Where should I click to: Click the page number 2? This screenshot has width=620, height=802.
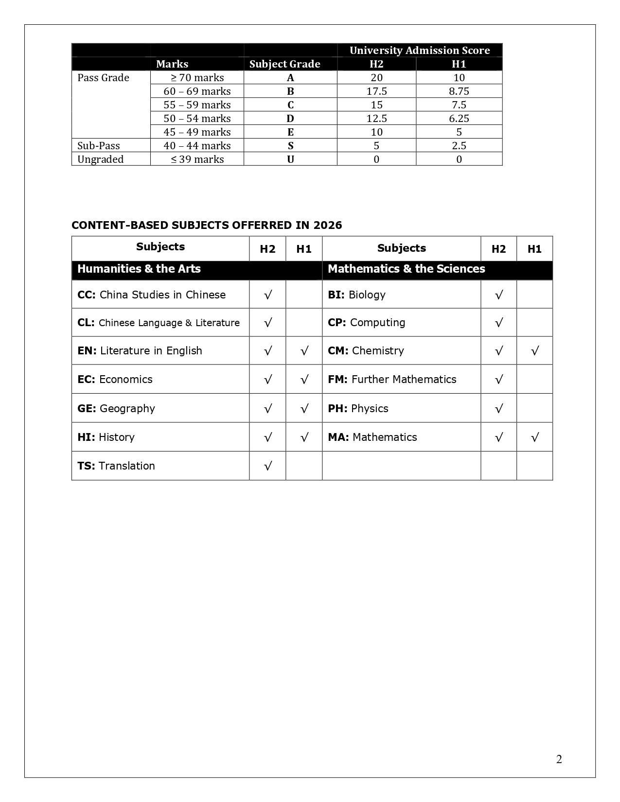[x=559, y=759]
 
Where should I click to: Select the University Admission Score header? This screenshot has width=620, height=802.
[x=419, y=51]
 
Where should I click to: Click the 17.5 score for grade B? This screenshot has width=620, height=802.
[x=376, y=91]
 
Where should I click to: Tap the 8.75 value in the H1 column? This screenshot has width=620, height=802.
[x=459, y=91]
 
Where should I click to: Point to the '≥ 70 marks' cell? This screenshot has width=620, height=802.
[x=197, y=78]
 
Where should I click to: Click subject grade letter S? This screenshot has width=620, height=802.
[x=290, y=146]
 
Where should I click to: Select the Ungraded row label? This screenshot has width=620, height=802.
[x=101, y=159]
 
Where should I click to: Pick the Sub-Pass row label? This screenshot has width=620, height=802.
[x=99, y=146]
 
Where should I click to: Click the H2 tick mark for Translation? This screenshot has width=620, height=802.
[x=267, y=466]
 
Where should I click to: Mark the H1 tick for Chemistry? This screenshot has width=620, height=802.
[x=534, y=351]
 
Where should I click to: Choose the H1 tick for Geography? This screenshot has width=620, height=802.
[x=304, y=409]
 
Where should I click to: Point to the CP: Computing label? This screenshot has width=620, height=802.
[x=366, y=323]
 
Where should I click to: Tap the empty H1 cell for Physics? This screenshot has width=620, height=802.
[x=534, y=408]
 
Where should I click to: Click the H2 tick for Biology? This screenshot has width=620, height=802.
[x=498, y=295]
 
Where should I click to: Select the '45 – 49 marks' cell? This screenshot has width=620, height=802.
[x=197, y=132]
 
